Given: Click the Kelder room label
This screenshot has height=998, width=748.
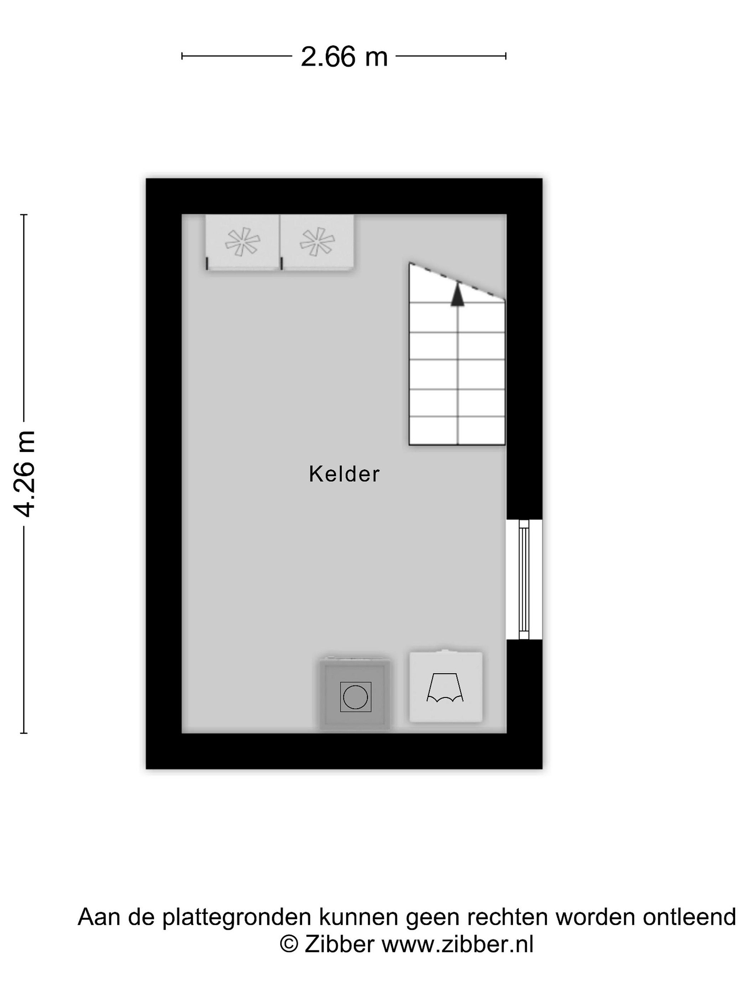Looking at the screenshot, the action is click(344, 474).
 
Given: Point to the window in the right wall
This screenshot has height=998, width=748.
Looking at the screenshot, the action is click(524, 579).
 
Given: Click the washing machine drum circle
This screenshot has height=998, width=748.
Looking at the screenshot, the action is click(355, 697).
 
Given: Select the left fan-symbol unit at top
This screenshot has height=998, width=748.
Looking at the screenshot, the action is click(242, 242).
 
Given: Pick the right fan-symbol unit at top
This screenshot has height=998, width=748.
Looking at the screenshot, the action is click(317, 242).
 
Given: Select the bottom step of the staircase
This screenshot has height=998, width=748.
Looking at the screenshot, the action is click(457, 431).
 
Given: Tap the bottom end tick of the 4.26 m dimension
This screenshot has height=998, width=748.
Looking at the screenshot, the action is click(24, 733).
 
